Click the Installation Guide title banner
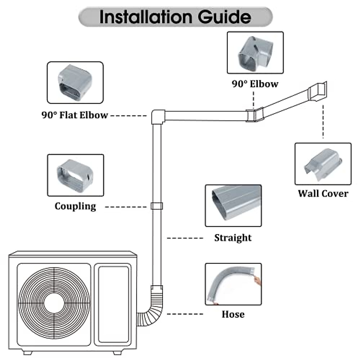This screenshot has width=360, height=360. coord(175,17)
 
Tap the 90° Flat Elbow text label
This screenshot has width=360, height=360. coord(75,115)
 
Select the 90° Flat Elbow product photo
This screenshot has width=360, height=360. coord(75,83)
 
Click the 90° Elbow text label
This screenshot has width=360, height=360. coord(255,84)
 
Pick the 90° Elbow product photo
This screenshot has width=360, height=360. coord(255,52)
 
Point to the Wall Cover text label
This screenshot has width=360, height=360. coord(323,193)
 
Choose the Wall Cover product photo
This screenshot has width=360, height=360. coord(323,164)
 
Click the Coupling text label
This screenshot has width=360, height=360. coord(75,206)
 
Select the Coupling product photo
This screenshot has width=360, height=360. coord(76,175)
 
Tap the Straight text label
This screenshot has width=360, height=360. coord(233,238)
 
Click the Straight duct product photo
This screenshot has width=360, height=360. coord(233,206)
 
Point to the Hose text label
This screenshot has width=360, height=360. coord(233,314)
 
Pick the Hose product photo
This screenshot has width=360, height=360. coord(233,284)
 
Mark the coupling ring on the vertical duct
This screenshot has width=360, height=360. coord(157,206)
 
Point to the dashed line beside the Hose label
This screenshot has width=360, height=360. coord(185,314)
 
